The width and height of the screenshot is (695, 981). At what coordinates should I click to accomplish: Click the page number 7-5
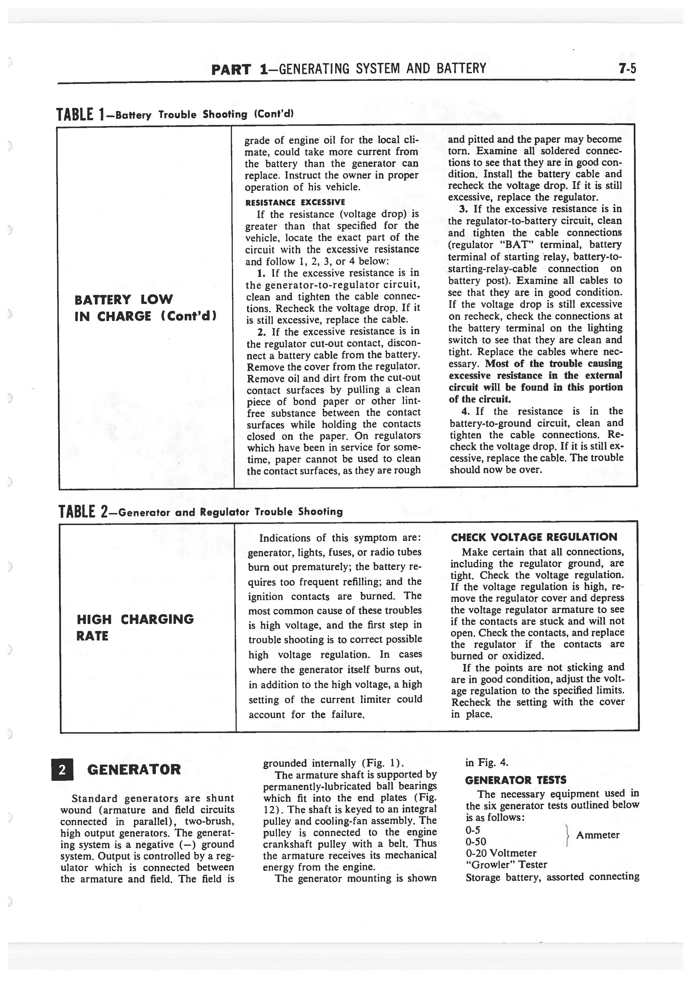click(627, 69)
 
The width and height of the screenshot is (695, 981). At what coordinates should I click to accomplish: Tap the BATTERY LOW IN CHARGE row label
click(145, 308)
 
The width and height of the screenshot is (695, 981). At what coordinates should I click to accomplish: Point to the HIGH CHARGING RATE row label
click(135, 627)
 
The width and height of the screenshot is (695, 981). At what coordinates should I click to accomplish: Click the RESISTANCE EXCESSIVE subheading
click(295, 202)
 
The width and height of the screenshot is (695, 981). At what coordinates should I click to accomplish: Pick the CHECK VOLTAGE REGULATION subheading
click(534, 538)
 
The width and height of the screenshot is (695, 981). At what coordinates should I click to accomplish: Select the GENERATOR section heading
click(133, 770)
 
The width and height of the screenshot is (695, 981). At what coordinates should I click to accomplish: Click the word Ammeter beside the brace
click(597, 835)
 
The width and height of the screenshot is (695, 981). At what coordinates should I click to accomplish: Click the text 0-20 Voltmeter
click(501, 853)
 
